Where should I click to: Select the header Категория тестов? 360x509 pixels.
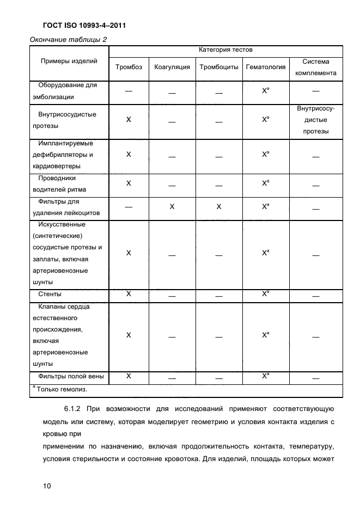click(x=225, y=50)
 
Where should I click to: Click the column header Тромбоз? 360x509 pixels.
click(x=129, y=67)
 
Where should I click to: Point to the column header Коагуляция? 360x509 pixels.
click(x=172, y=67)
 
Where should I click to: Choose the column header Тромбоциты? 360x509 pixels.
click(x=219, y=67)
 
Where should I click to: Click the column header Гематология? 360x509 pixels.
click(x=266, y=67)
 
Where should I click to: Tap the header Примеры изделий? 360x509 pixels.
click(x=69, y=61)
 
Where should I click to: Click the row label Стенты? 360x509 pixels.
click(x=50, y=294)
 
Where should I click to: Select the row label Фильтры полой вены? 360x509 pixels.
click(x=71, y=376)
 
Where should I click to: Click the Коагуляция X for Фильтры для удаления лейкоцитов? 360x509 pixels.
click(x=172, y=207)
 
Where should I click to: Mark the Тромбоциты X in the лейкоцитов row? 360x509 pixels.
click(x=219, y=207)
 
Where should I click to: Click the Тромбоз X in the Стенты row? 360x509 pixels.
click(x=129, y=294)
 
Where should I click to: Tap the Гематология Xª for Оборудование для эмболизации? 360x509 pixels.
click(x=265, y=91)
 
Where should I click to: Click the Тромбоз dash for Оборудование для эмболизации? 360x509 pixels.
click(x=129, y=91)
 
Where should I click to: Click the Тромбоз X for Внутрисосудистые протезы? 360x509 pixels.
click(x=129, y=119)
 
